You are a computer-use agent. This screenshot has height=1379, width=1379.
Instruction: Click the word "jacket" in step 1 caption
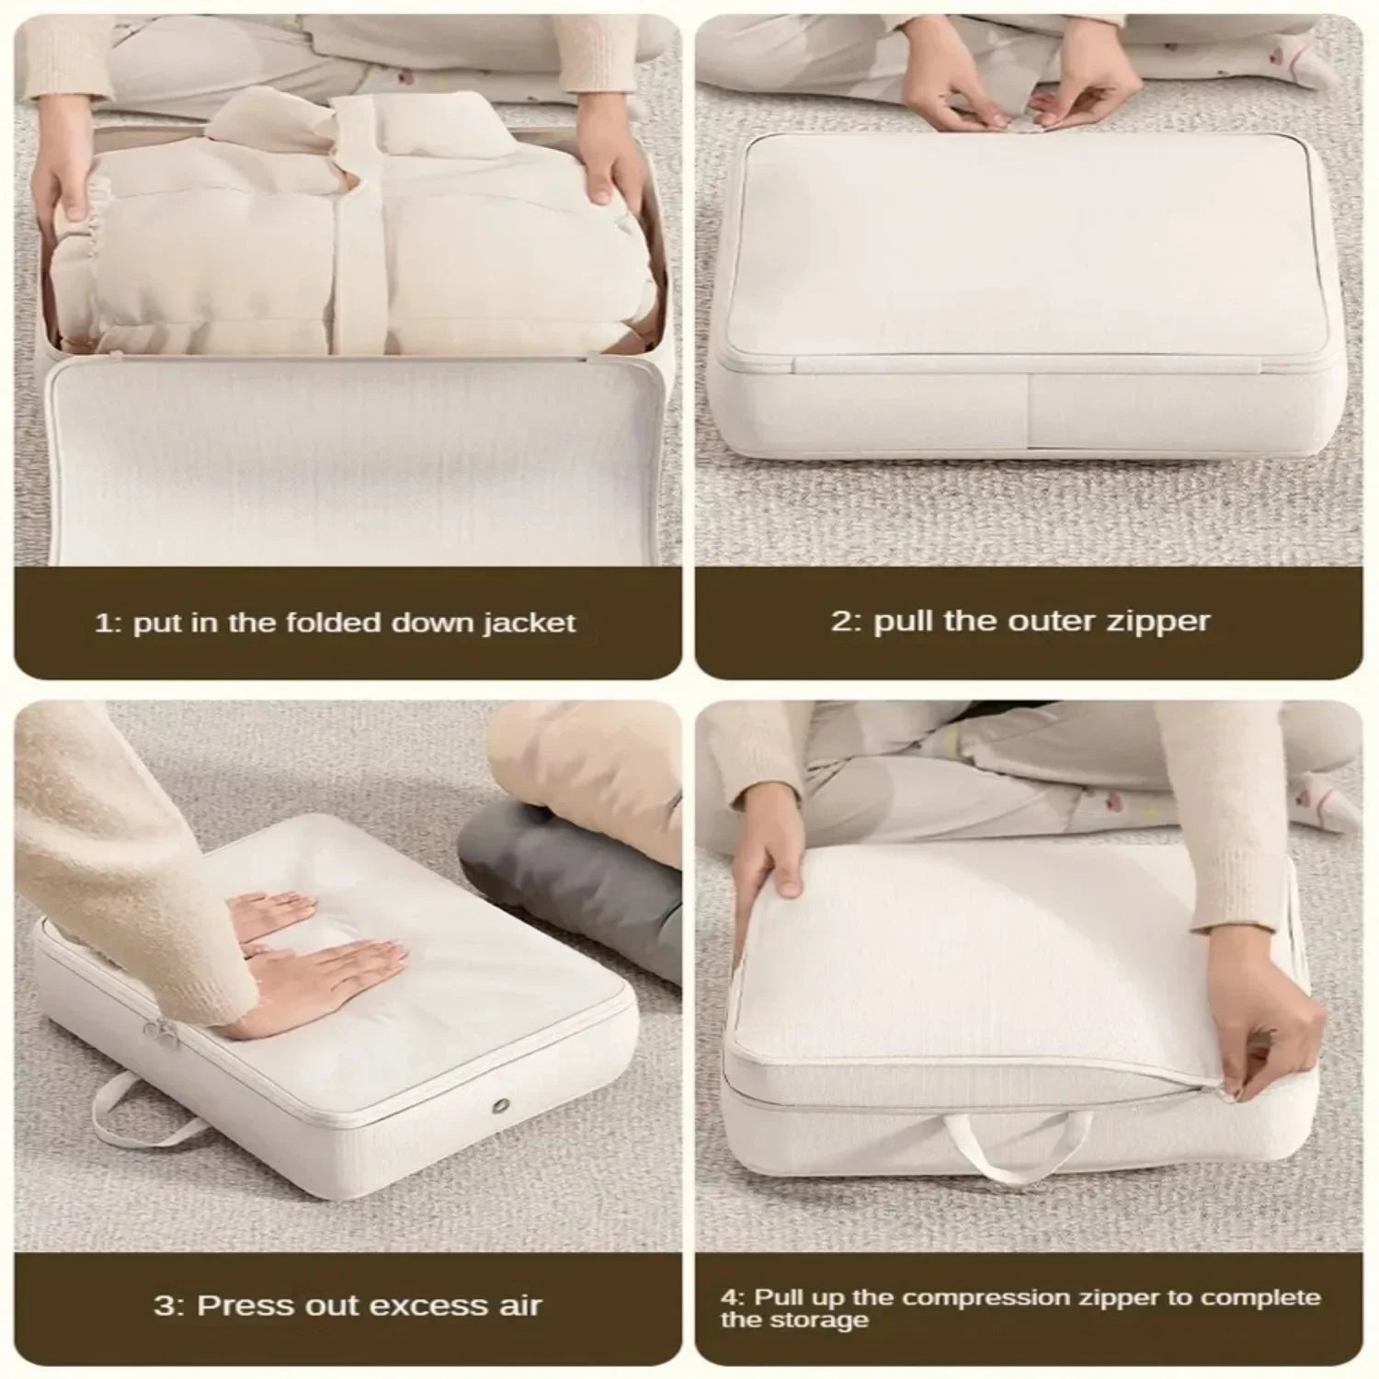tap(530, 624)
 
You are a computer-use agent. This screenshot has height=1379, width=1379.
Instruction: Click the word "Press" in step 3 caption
tap(242, 1305)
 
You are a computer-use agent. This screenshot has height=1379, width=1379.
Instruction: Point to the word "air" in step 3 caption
tap(519, 1305)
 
